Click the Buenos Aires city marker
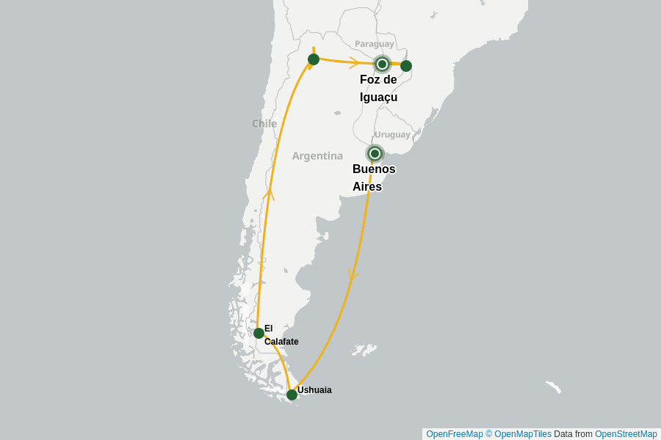pyautogui.click(x=375, y=153)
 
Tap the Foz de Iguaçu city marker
pyautogui.click(x=382, y=64)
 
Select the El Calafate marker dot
pyautogui.click(x=259, y=333)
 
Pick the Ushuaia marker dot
pyautogui.click(x=292, y=395)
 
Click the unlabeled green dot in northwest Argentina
pyautogui.click(x=314, y=59)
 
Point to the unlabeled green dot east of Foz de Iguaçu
pyautogui.click(x=406, y=66)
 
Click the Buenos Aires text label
pyautogui.click(x=374, y=178)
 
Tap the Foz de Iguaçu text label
pyautogui.click(x=379, y=89)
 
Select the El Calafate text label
pyautogui.click(x=281, y=335)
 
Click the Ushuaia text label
pyautogui.click(x=314, y=390)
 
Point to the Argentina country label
pyautogui.click(x=317, y=155)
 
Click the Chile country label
pyautogui.click(x=264, y=123)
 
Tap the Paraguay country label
pyautogui.click(x=375, y=44)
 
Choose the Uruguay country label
pyautogui.click(x=392, y=134)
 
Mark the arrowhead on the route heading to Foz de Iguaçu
pyautogui.click(x=354, y=62)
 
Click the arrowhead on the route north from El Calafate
pyautogui.click(x=270, y=194)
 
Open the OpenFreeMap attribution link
pyautogui.click(x=454, y=434)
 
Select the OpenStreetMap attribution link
pyautogui.click(x=626, y=434)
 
